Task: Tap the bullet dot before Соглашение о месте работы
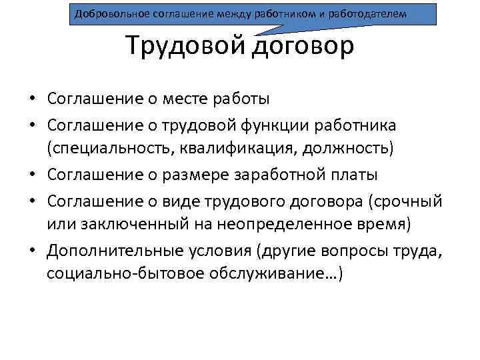[32, 100]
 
